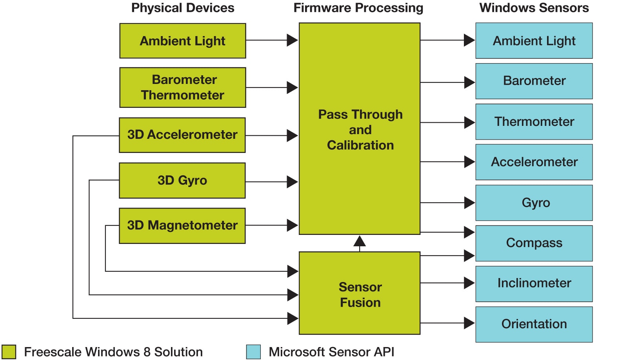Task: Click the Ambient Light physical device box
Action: click(183, 41)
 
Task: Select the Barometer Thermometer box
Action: click(183, 87)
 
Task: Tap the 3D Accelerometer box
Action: click(182, 135)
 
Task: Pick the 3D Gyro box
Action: click(182, 180)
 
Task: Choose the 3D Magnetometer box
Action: click(182, 225)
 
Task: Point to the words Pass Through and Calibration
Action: click(360, 130)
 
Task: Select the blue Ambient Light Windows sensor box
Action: click(534, 41)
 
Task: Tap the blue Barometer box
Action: click(534, 81)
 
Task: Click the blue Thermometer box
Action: click(534, 122)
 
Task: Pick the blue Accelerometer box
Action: click(534, 162)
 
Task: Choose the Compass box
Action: click(534, 243)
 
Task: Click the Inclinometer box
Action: click(534, 284)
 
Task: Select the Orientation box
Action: click(534, 324)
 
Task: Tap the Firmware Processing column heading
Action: click(358, 8)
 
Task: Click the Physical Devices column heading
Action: click(183, 8)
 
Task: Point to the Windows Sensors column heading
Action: click(534, 8)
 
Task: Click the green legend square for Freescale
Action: click(9, 352)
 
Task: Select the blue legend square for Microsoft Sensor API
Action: click(253, 352)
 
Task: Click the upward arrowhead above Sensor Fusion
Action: click(360, 241)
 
